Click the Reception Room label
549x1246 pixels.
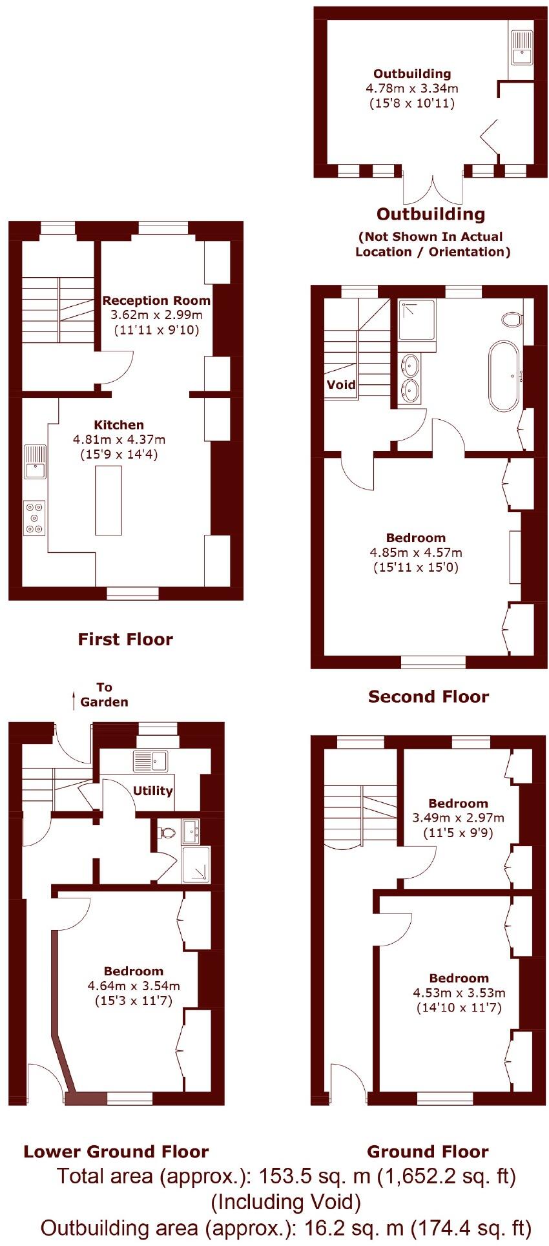(x=156, y=300)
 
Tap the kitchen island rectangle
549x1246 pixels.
(x=109, y=500)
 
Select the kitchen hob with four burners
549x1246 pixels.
(x=34, y=518)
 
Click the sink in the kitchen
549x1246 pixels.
(x=35, y=461)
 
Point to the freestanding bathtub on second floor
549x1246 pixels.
(x=504, y=376)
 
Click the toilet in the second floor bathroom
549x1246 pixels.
(x=512, y=319)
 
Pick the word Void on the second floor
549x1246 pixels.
(x=341, y=385)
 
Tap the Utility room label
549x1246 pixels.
(x=153, y=791)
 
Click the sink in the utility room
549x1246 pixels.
(x=150, y=761)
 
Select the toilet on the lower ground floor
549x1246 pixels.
(x=167, y=832)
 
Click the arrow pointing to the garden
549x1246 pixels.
(x=74, y=700)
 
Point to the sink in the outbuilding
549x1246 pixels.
(x=521, y=49)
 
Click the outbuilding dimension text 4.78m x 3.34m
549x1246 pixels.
(x=412, y=88)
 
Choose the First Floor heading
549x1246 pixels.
(x=125, y=639)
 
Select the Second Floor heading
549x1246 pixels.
(x=428, y=696)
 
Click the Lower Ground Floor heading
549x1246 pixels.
(x=116, y=1152)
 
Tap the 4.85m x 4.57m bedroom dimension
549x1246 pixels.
(x=416, y=552)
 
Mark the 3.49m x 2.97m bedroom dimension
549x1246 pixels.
(x=458, y=817)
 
